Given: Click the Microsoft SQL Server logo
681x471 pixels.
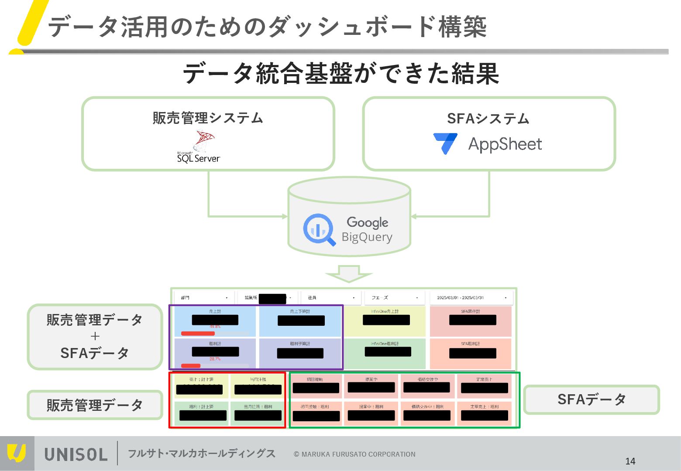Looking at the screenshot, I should coord(199,147).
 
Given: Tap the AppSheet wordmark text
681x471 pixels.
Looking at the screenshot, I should coord(505,144).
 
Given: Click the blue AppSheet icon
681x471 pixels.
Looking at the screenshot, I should coord(445,143).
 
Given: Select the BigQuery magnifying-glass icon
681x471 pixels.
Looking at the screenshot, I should coord(319,229).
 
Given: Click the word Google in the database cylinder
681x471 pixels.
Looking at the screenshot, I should coord(367,222).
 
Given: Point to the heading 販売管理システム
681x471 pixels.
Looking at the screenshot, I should coord(208,118).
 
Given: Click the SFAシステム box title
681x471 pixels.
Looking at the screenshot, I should coord(488,118).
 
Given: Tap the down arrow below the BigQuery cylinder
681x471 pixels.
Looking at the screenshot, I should coord(348,273).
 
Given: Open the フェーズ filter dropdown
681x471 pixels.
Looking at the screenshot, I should coord(395,298).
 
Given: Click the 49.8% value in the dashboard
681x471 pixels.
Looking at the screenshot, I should coord(215,327).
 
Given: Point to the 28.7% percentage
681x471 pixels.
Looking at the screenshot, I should coord(215,359).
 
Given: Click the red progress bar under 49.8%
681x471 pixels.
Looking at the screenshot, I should coord(198,334).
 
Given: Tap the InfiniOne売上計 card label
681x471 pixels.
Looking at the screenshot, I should coord(385,311).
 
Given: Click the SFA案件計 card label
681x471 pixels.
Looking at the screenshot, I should coord(470,311).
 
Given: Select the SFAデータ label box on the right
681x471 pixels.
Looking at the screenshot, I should coord(591,399).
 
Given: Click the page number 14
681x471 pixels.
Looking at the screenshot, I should coord(630,461).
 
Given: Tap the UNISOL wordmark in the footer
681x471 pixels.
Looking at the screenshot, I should coord(76,454).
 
